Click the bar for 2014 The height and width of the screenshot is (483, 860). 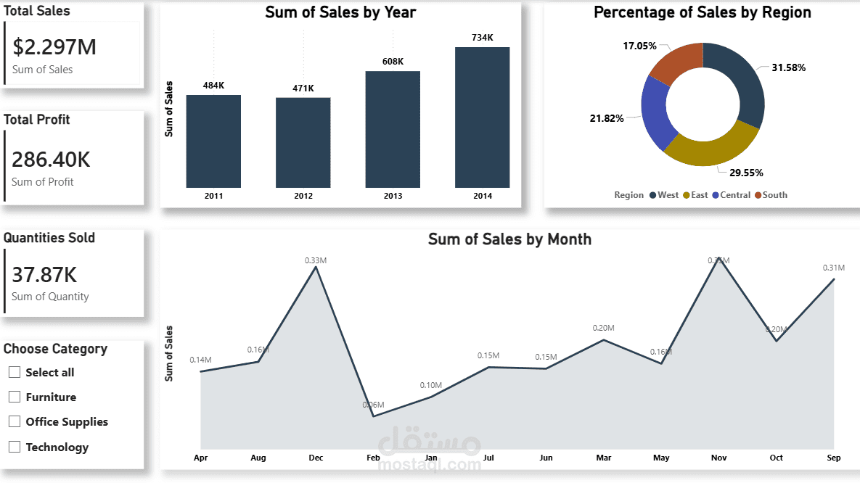[x=482, y=117]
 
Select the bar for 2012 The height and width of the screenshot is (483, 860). [x=303, y=143]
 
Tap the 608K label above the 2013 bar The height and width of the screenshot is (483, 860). [x=393, y=62]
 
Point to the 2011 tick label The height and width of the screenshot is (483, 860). [x=213, y=196]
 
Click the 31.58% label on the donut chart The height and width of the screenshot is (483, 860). [x=788, y=67]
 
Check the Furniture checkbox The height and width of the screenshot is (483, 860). [x=15, y=397]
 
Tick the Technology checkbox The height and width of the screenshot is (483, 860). [x=15, y=447]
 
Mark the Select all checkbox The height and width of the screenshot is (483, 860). [x=15, y=372]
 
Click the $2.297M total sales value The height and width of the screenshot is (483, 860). [x=54, y=47]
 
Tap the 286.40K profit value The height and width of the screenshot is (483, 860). [x=51, y=160]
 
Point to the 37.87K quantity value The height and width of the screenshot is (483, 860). [x=44, y=275]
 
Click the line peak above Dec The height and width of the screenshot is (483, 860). [x=316, y=267]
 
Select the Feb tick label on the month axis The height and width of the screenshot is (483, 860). [x=373, y=458]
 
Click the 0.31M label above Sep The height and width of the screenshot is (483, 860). [x=834, y=268]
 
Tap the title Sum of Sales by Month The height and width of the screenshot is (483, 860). [x=509, y=239]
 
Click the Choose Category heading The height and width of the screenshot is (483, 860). [x=55, y=349]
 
